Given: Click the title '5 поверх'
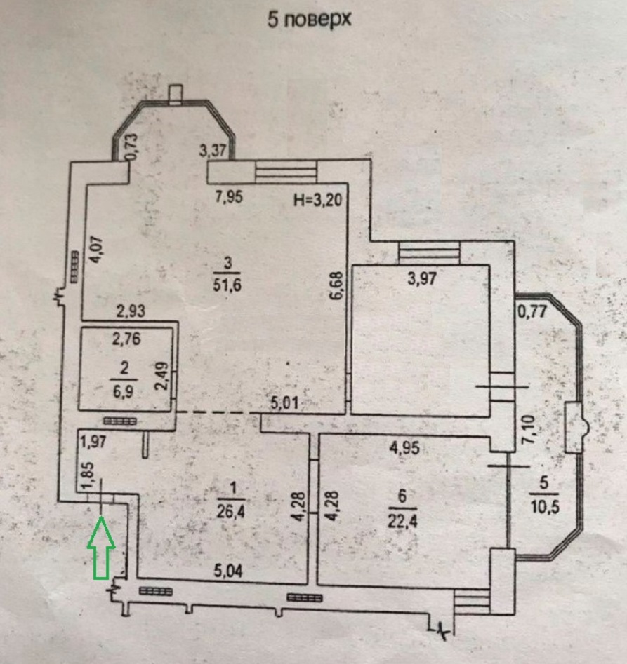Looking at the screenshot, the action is coord(310,20).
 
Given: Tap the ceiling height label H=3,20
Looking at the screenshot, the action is coord(318,199).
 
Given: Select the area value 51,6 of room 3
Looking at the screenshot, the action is coord(227,285).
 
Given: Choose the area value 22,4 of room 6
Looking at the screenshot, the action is coord(402,520).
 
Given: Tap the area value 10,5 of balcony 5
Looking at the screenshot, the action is coord(544,507).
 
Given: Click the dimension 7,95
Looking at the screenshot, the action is coord(229,197).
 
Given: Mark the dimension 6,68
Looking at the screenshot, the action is coord(338,286).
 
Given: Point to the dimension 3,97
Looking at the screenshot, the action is coord(422,279).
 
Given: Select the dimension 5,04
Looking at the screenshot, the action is coord(228,571).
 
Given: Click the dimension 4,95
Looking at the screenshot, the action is coord(405,447).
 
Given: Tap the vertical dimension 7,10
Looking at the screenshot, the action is coord(530,430).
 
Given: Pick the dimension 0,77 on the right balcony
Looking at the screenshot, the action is coord(532,312).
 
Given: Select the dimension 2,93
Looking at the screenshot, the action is coord(131,311).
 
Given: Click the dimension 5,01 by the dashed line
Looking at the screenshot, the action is coord(285,404).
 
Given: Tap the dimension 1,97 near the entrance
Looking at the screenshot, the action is coord(93,442).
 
